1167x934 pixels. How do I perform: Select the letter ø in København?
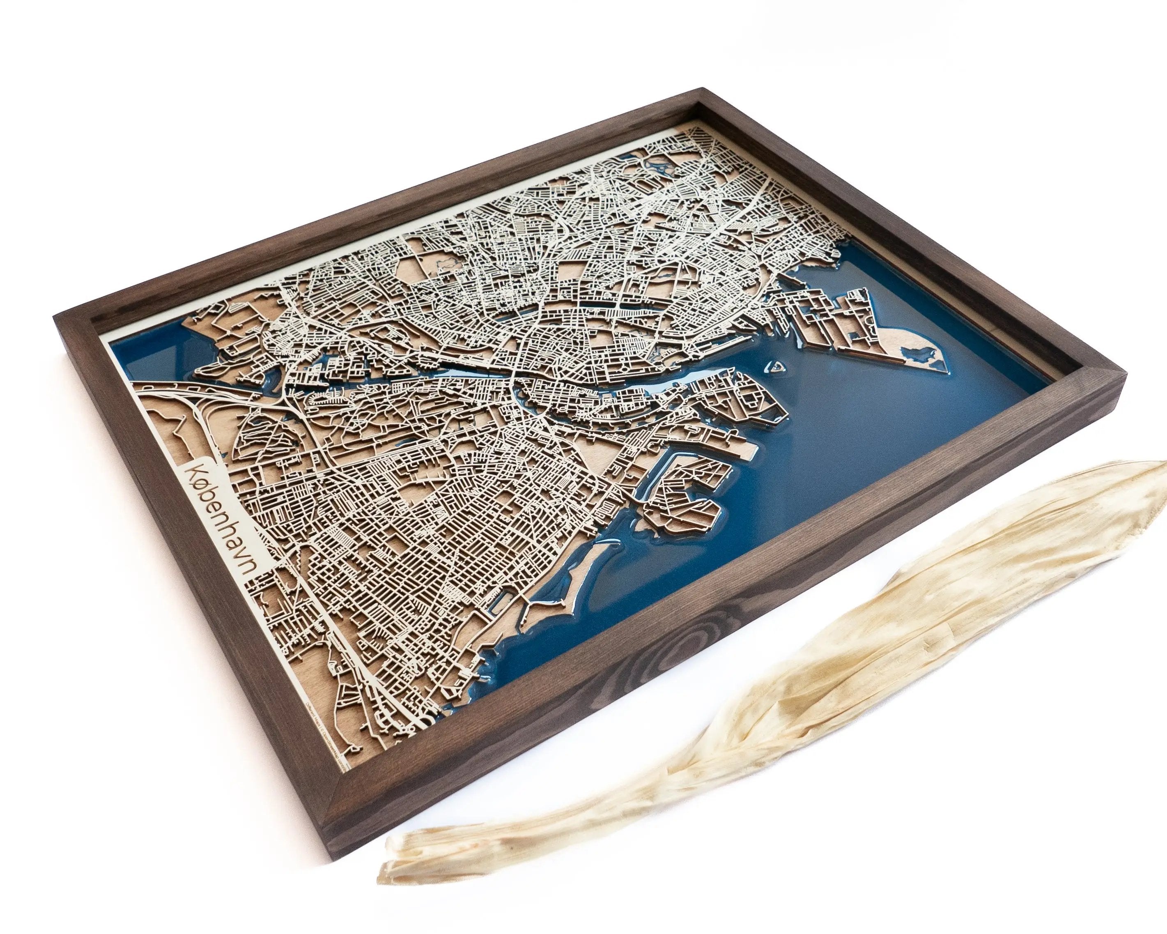tap(202, 472)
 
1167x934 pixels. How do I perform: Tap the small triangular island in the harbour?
tap(775, 366)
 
